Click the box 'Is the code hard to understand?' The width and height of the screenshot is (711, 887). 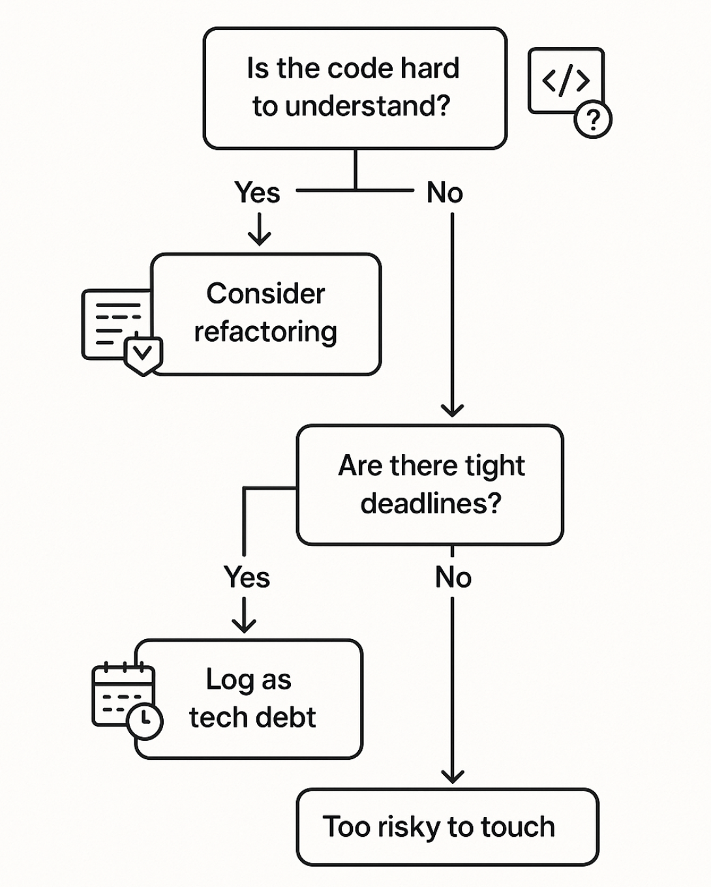(x=355, y=88)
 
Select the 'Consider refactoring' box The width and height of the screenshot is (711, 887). (x=265, y=314)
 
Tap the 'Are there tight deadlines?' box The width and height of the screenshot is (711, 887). (x=430, y=485)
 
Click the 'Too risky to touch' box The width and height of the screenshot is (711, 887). (x=447, y=827)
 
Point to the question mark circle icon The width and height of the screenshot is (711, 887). (x=592, y=120)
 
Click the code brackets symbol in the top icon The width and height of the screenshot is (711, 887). (x=566, y=80)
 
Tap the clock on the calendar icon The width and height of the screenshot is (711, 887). (x=145, y=721)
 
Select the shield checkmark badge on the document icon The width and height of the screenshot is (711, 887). (x=143, y=354)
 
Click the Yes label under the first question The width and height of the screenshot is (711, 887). (x=257, y=193)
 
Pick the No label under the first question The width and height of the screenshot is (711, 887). (x=445, y=193)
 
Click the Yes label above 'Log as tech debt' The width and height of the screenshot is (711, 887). (x=247, y=577)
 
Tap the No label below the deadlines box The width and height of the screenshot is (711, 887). (x=453, y=577)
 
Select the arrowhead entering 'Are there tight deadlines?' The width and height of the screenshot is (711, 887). (x=452, y=410)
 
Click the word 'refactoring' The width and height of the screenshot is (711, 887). (x=265, y=332)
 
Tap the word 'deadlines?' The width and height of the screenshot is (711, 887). (x=431, y=504)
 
